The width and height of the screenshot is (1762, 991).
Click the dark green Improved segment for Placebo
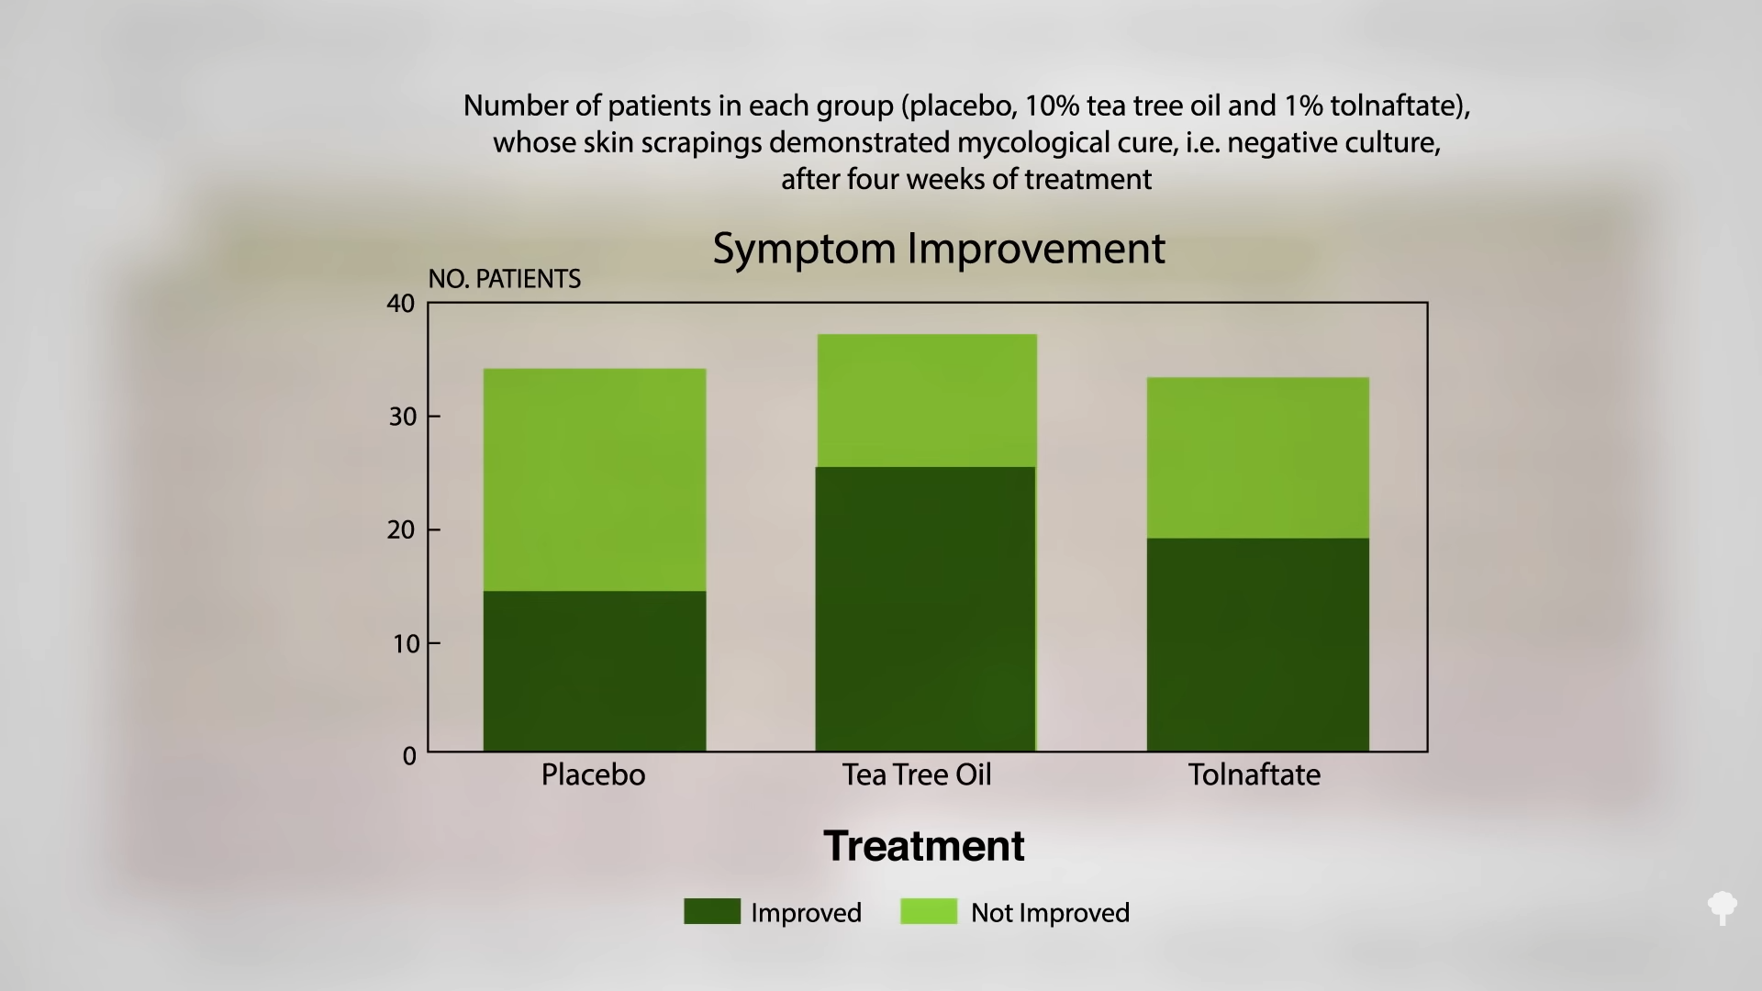(595, 671)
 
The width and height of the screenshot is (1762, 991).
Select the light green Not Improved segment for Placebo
(595, 480)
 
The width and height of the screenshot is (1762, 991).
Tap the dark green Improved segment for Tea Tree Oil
(926, 609)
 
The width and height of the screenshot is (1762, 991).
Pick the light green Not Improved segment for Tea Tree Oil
(926, 401)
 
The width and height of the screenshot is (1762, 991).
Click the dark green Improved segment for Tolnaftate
(1258, 644)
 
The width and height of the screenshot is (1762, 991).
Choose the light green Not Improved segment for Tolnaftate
(1258, 458)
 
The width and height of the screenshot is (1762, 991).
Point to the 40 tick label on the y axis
(401, 304)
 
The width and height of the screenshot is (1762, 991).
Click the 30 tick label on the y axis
(402, 417)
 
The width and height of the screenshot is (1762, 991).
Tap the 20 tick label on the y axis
(401, 530)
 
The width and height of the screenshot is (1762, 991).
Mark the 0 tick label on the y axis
(409, 757)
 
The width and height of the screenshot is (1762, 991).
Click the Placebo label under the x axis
(593, 774)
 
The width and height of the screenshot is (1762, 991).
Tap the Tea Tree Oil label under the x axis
(917, 774)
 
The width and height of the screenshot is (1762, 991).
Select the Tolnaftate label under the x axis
(1255, 774)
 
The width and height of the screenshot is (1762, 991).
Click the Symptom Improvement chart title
(939, 249)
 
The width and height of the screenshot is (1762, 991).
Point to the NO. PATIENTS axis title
(505, 279)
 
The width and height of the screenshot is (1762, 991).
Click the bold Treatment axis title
(924, 846)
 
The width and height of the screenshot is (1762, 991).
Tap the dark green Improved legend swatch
(712, 911)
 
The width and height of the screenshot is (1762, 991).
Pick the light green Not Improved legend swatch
(929, 911)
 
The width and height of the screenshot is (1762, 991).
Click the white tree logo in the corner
(1723, 908)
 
